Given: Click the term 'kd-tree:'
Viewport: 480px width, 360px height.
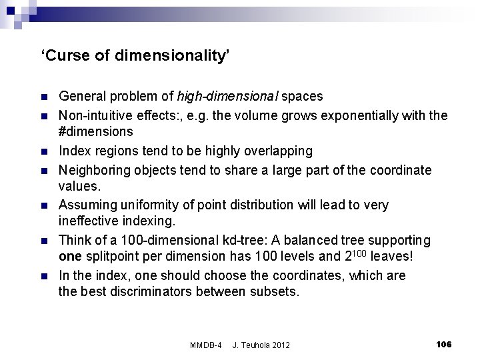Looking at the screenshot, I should click(253, 239).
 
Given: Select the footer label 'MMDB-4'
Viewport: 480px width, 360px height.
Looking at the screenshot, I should click(206, 345).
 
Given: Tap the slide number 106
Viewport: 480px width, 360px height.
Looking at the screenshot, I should click(443, 344).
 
